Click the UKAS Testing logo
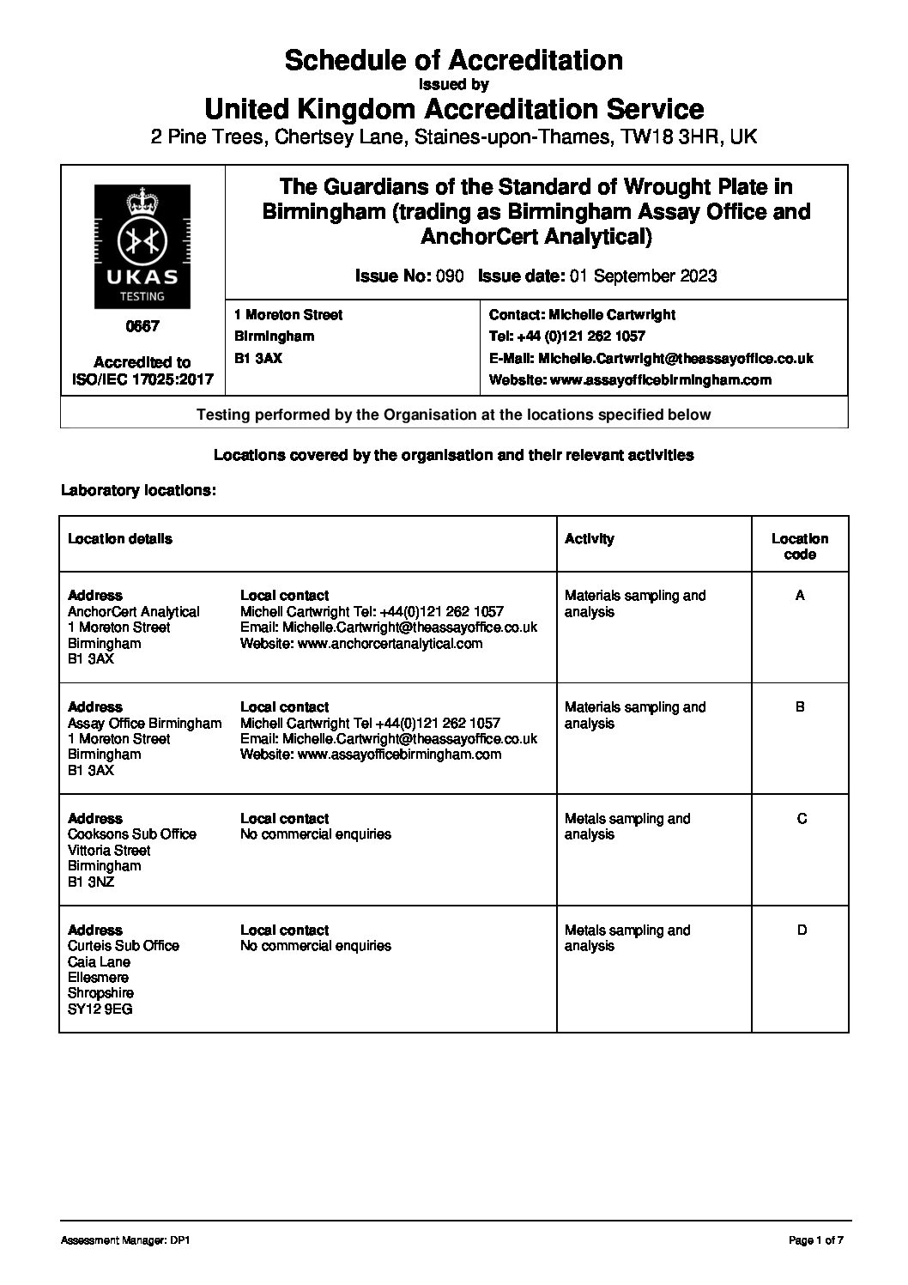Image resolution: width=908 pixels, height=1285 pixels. coord(142,247)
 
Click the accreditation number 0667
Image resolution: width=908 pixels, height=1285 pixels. coord(142,327)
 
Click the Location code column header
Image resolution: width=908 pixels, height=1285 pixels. coord(799,547)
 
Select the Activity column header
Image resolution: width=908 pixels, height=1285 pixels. coord(589,539)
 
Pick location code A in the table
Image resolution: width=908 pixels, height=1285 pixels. coord(800,595)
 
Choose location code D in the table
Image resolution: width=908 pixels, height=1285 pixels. coord(802,930)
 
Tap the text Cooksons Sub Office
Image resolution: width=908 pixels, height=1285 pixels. coord(132,834)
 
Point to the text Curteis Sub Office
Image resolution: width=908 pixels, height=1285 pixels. coord(124,946)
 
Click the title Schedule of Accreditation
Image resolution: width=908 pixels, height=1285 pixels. coord(453,60)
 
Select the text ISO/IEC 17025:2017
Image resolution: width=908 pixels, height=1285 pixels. coord(142,379)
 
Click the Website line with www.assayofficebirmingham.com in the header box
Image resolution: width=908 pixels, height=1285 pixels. coord(629,379)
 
